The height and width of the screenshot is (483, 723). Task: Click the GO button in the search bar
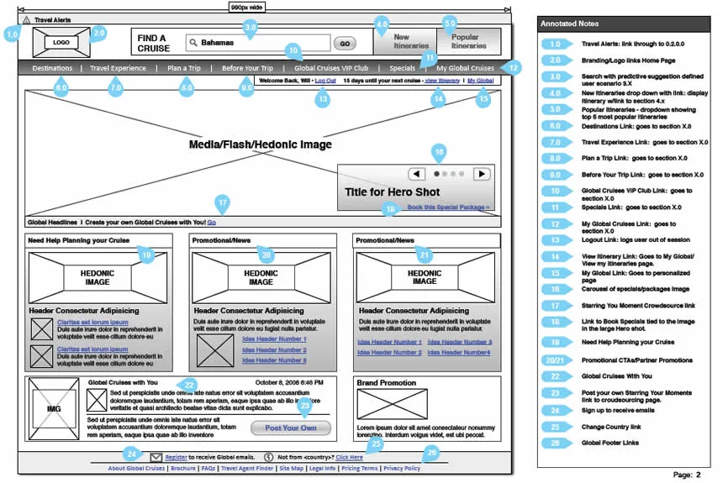click(345, 43)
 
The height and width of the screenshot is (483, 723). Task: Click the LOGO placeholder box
click(61, 42)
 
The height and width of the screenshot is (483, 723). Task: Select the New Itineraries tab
click(402, 42)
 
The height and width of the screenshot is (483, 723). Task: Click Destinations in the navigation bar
click(52, 68)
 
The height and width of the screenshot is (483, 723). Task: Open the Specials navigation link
click(402, 68)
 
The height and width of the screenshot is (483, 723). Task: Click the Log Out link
click(325, 81)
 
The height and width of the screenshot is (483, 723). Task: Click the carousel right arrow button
click(481, 174)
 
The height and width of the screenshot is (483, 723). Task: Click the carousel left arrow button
click(417, 174)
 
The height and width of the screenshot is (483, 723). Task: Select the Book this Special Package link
click(448, 207)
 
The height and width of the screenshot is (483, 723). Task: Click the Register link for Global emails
click(177, 457)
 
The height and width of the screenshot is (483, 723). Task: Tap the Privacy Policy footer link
click(402, 469)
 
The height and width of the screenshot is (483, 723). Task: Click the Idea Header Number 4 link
click(465, 353)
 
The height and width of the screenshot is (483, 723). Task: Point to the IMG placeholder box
click(54, 409)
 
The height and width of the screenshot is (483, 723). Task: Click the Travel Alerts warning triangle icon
click(27, 19)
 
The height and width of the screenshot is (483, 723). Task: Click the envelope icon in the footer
click(156, 457)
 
